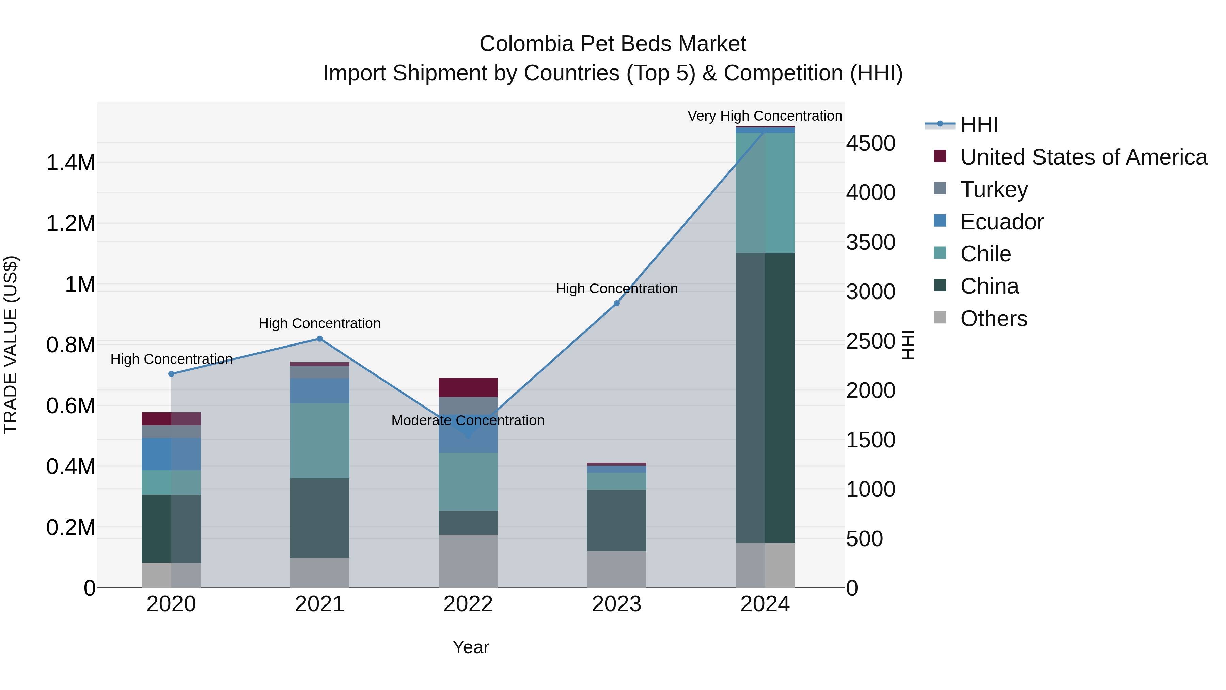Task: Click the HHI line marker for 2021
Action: click(320, 339)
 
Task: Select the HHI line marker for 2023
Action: click(616, 303)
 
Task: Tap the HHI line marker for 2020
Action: click(171, 374)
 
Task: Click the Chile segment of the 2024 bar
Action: click(765, 193)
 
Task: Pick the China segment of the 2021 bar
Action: click(320, 518)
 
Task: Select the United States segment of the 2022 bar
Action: click(468, 387)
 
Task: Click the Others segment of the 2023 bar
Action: click(616, 569)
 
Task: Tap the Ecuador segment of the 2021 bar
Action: click(320, 390)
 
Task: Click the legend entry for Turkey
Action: click(994, 189)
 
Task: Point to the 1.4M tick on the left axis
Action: click(70, 163)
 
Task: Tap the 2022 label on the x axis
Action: click(468, 604)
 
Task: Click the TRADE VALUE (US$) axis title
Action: click(11, 345)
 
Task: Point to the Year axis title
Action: click(471, 647)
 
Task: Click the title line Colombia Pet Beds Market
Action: click(613, 44)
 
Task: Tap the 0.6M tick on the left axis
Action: click(70, 406)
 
